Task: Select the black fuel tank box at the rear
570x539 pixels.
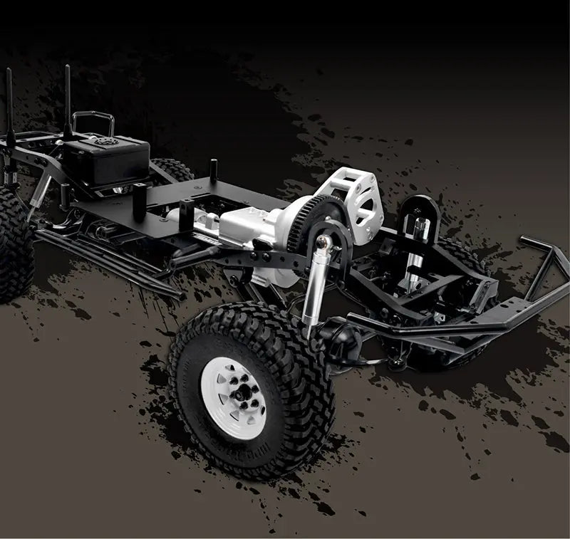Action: coord(107,160)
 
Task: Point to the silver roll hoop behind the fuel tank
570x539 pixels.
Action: coord(93,121)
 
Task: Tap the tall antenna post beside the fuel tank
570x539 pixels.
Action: coord(68,100)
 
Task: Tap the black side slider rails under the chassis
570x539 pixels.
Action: coord(107,260)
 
